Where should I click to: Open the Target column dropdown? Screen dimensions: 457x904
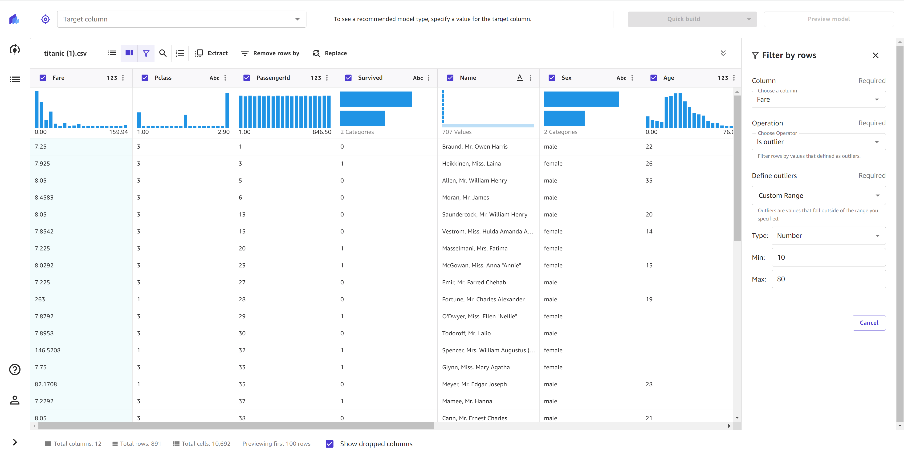coord(181,19)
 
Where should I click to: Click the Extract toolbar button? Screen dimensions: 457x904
coord(211,53)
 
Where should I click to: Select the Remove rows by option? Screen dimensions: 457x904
coord(270,53)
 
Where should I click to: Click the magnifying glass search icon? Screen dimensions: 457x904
coord(163,53)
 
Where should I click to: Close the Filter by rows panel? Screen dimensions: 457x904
coord(875,55)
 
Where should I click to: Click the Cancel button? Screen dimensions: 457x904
coord(869,322)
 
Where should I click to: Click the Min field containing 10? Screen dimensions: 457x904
coord(828,257)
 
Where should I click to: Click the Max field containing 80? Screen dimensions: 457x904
coord(828,279)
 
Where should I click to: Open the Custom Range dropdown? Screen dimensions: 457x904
coord(818,195)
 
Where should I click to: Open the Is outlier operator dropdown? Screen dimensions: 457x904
coord(818,141)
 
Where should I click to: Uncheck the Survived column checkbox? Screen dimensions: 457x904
coord(348,78)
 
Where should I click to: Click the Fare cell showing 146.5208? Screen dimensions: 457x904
coord(48,350)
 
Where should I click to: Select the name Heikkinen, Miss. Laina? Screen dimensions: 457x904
coord(471,163)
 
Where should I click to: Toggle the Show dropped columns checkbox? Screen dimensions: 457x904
coord(330,444)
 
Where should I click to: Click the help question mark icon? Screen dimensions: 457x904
coord(15,370)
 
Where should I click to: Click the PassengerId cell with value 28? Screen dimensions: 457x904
coord(242,299)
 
